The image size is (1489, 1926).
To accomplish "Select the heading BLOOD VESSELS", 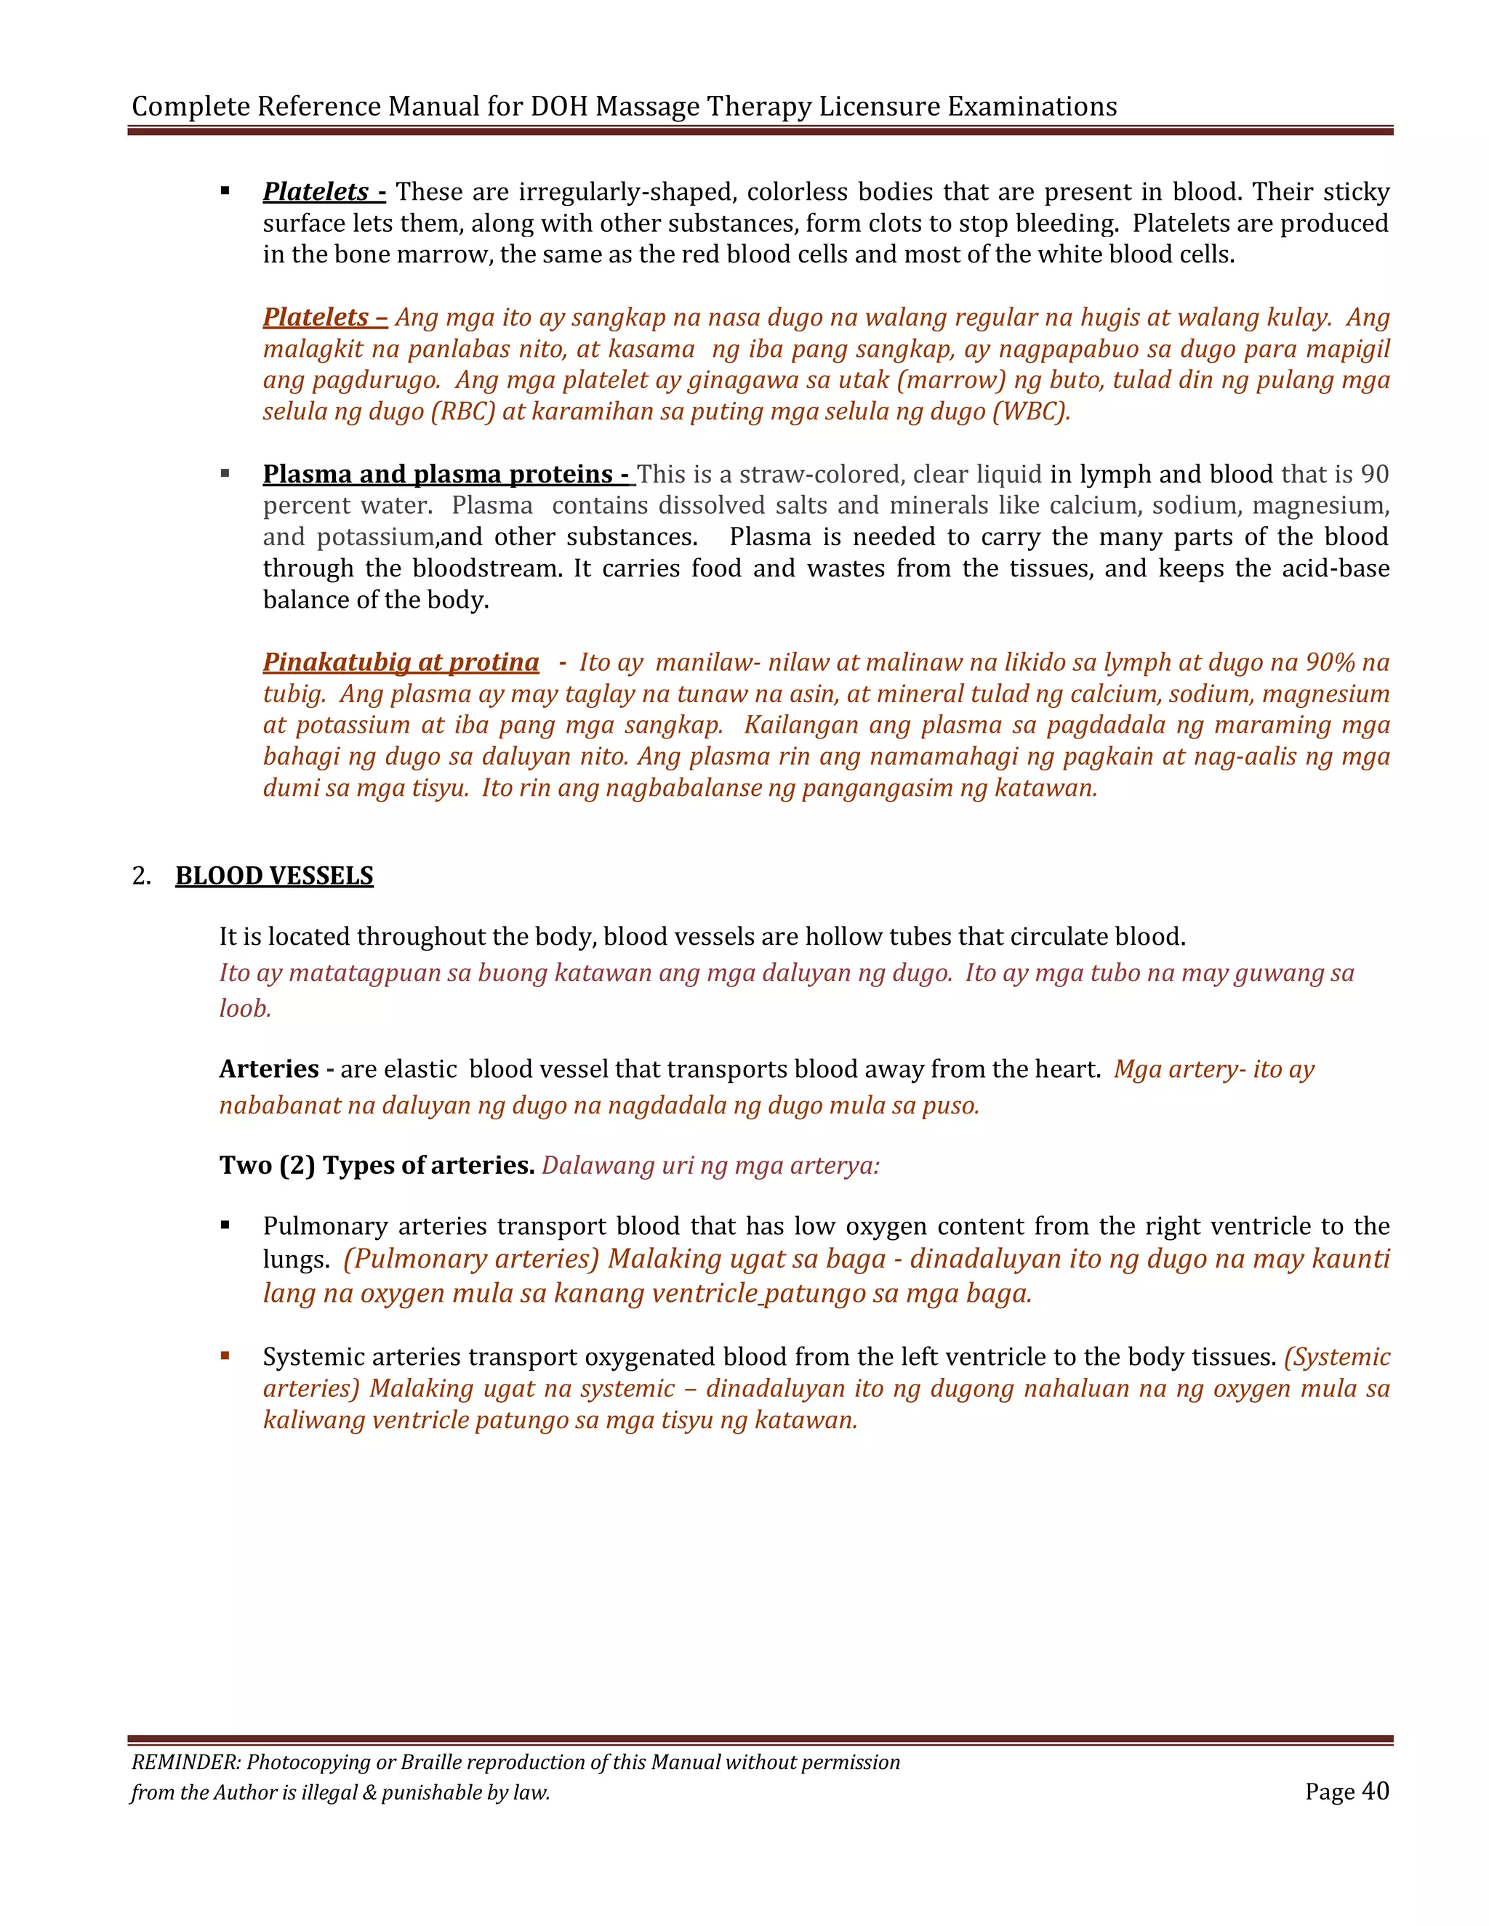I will point(274,876).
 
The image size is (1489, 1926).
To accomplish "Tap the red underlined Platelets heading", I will point(316,317).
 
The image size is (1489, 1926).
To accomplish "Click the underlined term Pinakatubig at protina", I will point(401,661).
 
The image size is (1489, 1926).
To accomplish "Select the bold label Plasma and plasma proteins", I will point(438,474).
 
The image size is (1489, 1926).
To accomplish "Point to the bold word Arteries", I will point(268,1069).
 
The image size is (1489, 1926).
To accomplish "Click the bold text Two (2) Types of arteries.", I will point(377,1165).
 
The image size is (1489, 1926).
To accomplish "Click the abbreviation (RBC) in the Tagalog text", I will point(463,412).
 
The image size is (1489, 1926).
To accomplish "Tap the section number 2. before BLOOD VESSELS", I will point(141,876).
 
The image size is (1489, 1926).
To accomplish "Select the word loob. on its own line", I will point(245,1008).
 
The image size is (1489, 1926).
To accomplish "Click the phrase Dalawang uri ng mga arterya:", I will point(710,1166).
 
